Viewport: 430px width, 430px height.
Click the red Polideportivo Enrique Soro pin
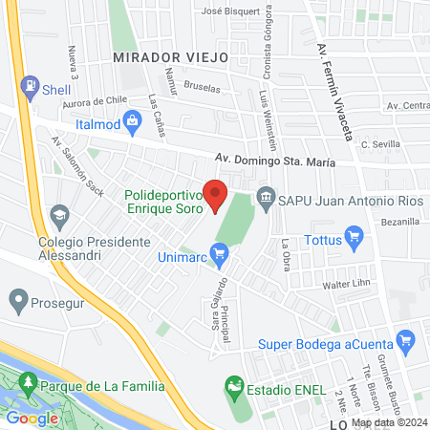[216, 194]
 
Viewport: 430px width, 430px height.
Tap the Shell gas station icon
[32, 84]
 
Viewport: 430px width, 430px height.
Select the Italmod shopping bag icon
[84, 124]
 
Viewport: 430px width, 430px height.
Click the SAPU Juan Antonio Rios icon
[265, 201]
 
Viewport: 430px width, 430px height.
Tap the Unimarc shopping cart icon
[221, 254]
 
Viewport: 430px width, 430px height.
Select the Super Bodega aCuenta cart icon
[407, 338]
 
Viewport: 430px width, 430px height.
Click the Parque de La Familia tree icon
[29, 384]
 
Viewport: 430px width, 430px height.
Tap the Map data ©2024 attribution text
[388, 422]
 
